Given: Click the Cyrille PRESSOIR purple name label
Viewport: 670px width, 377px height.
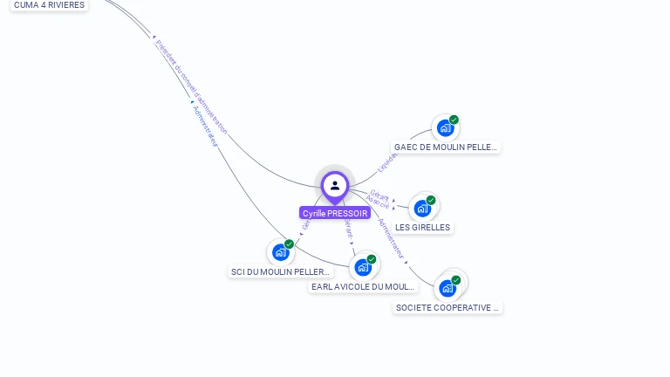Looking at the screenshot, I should [335, 213].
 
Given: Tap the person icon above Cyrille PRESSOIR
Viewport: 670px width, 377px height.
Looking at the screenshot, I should [335, 185].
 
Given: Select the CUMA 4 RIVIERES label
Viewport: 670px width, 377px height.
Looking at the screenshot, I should [49, 5].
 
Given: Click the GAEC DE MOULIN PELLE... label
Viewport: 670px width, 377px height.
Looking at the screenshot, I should [445, 147].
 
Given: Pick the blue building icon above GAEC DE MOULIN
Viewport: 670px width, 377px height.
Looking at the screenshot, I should [446, 128].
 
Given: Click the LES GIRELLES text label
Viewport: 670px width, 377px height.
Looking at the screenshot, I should [423, 228].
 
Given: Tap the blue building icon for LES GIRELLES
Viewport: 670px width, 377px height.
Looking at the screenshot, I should [423, 208].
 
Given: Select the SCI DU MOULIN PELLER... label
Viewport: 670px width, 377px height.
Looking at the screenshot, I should [281, 272].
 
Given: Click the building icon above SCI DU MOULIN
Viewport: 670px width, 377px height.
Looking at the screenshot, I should [281, 252].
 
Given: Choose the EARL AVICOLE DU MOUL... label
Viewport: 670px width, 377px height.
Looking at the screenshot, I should [363, 287].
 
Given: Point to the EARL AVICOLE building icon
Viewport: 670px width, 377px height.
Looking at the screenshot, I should [363, 267].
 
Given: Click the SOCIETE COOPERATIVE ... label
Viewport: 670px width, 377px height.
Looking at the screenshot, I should [448, 308].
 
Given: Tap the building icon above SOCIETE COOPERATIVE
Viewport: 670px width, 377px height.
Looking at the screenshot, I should [448, 288].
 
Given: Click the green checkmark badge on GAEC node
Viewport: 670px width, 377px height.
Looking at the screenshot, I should [455, 120].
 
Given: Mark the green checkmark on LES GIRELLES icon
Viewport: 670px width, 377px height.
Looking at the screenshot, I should [431, 200].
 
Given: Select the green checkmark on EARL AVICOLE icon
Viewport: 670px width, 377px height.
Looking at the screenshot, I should [372, 259].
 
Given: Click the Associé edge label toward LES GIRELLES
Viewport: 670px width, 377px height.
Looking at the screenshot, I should [378, 202].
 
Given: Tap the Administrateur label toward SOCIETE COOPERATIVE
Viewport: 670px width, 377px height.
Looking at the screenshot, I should [392, 239].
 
